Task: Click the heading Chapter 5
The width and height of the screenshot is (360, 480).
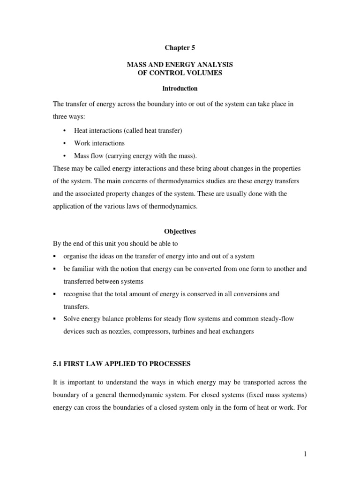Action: [180, 48]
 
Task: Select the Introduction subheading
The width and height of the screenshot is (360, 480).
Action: [180, 88]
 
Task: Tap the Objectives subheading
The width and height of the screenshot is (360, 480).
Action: [180, 232]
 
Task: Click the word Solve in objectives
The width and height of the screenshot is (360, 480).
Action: [71, 319]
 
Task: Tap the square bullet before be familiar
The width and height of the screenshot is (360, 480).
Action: [55, 269]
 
